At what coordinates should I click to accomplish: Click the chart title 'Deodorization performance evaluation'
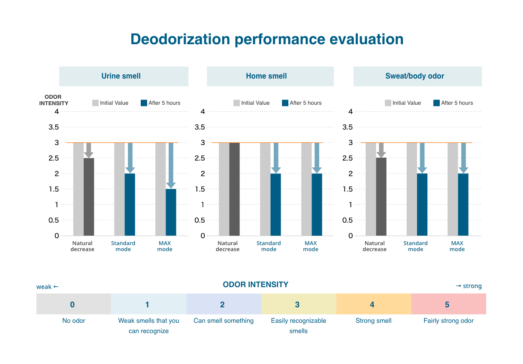click(267, 39)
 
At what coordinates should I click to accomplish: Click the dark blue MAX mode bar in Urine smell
click(171, 212)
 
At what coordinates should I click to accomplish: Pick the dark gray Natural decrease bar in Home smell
click(234, 189)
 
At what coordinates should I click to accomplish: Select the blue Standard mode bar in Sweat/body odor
click(422, 204)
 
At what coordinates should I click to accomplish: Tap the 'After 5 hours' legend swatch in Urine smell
click(144, 103)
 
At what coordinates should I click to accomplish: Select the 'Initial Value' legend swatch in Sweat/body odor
click(388, 103)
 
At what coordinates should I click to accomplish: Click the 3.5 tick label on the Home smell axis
click(200, 127)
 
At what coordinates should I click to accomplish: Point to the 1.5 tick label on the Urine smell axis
click(54, 189)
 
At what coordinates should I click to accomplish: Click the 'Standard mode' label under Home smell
click(269, 246)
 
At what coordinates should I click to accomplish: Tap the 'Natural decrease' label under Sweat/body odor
click(375, 246)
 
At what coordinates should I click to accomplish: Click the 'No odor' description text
click(74, 321)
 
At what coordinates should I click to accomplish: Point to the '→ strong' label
click(469, 286)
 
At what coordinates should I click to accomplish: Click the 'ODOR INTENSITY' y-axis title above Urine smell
click(54, 100)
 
